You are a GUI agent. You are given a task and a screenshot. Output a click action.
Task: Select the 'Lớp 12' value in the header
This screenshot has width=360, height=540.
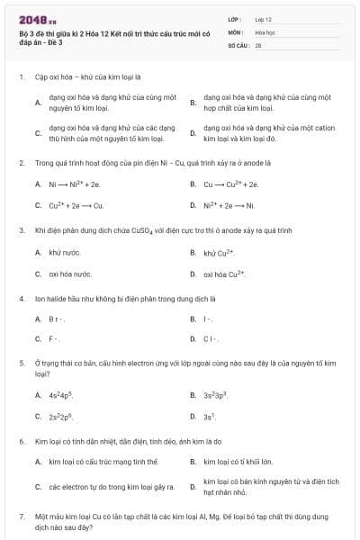(264, 18)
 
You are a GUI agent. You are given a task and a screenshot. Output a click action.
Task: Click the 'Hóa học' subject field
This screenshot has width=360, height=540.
(264, 31)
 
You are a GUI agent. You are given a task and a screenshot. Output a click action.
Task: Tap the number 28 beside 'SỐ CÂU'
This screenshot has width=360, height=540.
(258, 43)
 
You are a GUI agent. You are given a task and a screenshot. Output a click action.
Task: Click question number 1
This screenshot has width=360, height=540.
(21, 77)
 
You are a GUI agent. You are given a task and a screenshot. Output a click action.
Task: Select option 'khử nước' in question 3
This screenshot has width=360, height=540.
(65, 253)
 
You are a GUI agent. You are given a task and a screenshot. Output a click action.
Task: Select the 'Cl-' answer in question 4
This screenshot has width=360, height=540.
(211, 338)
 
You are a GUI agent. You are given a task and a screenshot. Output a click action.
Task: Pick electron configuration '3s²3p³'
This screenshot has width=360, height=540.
(216, 394)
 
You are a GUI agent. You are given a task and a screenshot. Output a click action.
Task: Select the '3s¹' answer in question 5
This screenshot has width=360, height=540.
(210, 416)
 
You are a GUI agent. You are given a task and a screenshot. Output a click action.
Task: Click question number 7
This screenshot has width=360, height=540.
(21, 516)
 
